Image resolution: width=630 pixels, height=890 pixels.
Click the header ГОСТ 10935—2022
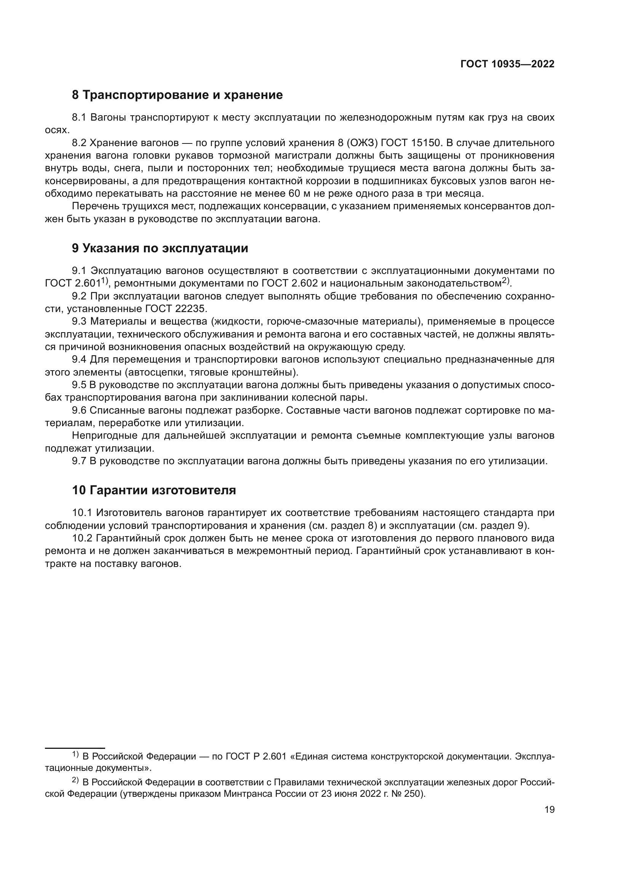(507, 64)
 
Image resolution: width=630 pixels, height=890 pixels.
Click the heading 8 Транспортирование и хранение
(177, 95)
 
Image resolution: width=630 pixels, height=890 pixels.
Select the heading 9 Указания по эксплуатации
(160, 248)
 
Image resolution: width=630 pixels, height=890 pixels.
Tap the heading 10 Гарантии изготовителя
(154, 490)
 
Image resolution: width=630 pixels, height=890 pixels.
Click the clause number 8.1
(80, 118)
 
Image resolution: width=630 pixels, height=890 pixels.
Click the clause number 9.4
(80, 360)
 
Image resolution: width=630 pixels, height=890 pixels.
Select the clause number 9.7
(80, 461)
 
